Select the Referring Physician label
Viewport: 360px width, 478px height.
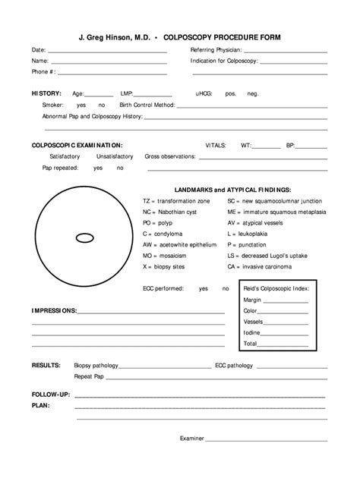pos(216,50)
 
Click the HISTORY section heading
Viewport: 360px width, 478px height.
pos(46,93)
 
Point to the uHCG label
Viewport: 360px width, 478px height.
pos(204,93)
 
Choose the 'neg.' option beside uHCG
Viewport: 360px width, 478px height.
pos(252,93)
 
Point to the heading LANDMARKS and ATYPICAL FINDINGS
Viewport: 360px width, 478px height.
pos(232,189)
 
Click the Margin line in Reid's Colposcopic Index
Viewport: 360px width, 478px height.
pos(285,300)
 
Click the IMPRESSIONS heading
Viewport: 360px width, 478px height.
pos(54,311)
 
